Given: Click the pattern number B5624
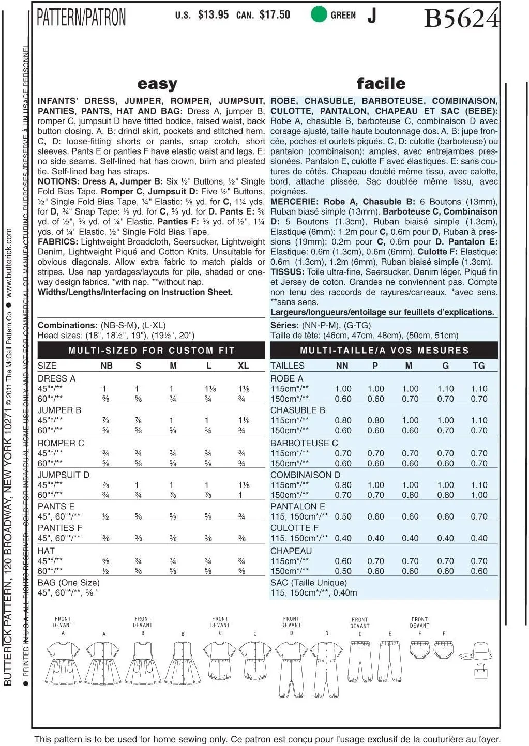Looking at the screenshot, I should coord(461,19).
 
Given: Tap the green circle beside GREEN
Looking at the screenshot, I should coord(319,14).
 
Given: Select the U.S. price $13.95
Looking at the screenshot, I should coord(213,15).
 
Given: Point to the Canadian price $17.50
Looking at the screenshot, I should coord(275,15).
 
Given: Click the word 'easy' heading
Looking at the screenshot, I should coord(157,84).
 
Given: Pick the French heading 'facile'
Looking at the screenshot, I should coord(381,83).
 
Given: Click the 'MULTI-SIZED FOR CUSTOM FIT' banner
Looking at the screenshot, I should coord(152,351).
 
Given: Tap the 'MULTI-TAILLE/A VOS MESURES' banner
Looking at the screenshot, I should coord(384,351).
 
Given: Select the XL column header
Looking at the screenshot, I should coord(243,366).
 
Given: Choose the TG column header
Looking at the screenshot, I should coord(479,366).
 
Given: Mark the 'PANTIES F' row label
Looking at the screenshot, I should coord(60,528).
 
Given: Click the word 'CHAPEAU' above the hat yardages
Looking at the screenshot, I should coord(291,551).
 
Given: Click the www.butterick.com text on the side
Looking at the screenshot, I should coord(9,264).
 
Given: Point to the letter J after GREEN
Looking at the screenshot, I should coord(372,16).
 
